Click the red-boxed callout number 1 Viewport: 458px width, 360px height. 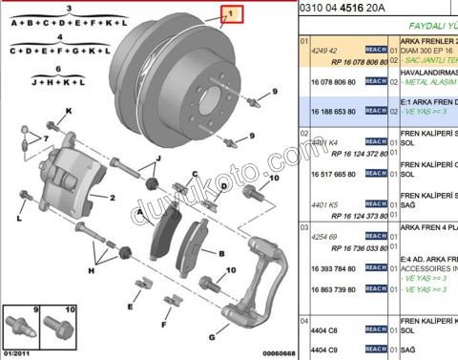click(228, 13)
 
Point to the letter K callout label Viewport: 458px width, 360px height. click(69, 113)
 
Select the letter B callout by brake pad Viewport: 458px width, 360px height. click(220, 254)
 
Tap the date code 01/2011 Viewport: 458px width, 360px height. click(16, 353)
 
